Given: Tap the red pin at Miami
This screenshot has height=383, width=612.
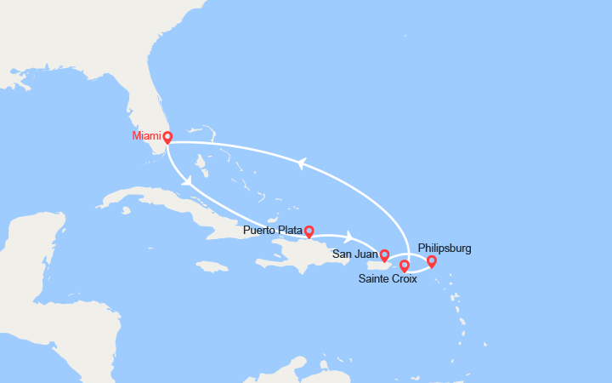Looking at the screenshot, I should (x=167, y=136).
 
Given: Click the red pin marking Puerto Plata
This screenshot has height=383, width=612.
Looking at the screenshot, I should (x=309, y=231).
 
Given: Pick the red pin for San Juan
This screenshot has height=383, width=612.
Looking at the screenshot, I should (x=384, y=254).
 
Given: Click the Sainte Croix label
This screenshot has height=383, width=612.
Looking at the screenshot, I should (x=388, y=279).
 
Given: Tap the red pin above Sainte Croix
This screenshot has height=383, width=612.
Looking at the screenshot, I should (x=404, y=266).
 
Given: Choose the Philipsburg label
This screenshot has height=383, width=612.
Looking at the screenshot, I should (x=445, y=249).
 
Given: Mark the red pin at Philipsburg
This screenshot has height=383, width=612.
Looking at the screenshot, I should (x=431, y=260).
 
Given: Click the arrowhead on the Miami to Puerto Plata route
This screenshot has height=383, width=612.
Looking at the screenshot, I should (x=185, y=180).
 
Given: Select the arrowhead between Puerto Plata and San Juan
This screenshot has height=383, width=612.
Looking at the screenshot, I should (x=348, y=234).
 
